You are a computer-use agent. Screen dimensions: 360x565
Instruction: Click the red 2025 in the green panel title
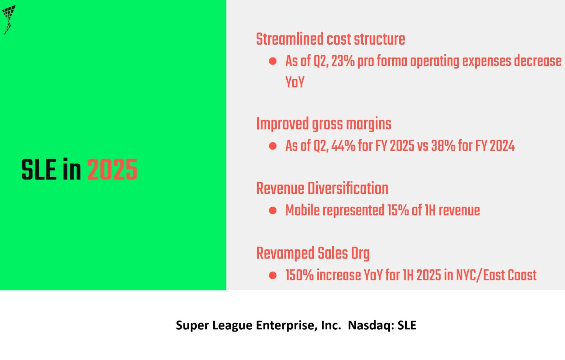point(112,170)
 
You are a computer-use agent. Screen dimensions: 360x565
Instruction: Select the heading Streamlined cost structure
point(330,39)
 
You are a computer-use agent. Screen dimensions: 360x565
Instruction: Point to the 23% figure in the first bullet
point(343,61)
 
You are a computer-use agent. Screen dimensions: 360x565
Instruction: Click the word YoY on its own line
point(294,82)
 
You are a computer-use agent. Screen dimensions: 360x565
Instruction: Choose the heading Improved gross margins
point(324,124)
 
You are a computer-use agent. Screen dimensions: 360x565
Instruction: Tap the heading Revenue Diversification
point(322,188)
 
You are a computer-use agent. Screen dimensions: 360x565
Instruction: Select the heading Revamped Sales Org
point(313,253)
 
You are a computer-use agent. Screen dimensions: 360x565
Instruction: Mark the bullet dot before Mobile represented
point(273,211)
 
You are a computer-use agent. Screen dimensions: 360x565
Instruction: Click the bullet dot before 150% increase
point(273,276)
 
